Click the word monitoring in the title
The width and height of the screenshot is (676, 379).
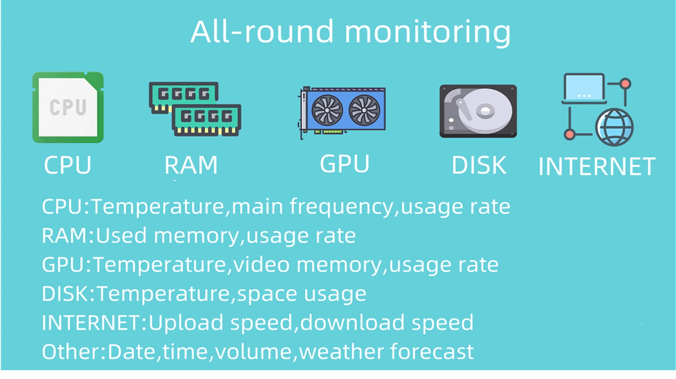pos(428,33)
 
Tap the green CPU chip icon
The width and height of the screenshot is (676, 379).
pos(68,107)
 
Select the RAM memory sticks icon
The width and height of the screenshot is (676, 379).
pos(195,109)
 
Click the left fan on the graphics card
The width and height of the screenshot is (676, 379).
pos(327,110)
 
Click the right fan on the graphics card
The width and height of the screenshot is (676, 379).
pos(364,110)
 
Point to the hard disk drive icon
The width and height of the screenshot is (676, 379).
pos(478,111)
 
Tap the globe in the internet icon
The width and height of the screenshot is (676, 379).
pos(614,127)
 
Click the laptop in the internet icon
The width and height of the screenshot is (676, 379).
pos(584,88)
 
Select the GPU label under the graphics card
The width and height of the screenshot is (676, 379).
pos(345,164)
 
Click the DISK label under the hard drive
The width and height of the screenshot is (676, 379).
pos(479,165)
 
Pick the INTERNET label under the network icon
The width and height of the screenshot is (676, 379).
pos(597,167)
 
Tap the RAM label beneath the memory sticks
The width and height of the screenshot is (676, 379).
pos(191,165)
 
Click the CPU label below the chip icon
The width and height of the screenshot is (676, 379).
pos(67,165)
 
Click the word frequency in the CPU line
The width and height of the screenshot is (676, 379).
pos(341,207)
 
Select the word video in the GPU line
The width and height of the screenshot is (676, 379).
pos(261,264)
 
